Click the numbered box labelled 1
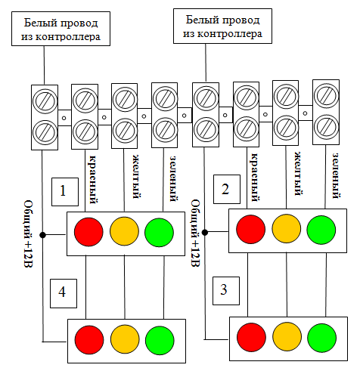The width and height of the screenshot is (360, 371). [x=65, y=192]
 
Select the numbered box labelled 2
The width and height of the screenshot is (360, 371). [x=227, y=189]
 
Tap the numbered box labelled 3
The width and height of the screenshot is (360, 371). [x=226, y=291]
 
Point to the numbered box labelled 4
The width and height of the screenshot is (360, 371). [x=64, y=293]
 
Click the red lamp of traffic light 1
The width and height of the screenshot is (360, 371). [x=88, y=232]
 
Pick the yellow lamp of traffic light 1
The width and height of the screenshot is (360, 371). [x=124, y=231]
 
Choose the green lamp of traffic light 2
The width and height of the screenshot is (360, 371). [x=321, y=230]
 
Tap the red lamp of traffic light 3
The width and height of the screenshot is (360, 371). [x=251, y=338]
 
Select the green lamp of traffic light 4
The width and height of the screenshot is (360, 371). [x=160, y=340]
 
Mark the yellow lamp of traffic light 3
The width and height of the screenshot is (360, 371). [x=287, y=337]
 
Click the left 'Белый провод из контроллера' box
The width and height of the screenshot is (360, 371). [x=61, y=29]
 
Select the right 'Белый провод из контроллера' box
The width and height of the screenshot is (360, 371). [x=222, y=26]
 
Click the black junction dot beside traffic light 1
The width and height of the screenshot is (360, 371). [x=42, y=235]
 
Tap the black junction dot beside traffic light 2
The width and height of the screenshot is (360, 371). [x=205, y=233]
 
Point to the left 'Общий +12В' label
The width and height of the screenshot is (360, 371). [x=28, y=234]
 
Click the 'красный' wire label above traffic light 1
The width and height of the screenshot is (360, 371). [x=92, y=180]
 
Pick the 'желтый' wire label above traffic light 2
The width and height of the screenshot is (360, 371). [x=298, y=174]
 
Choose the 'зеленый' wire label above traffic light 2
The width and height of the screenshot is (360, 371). [x=336, y=175]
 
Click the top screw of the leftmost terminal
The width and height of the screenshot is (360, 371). [x=45, y=101]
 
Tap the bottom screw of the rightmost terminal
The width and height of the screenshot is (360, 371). [x=326, y=127]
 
